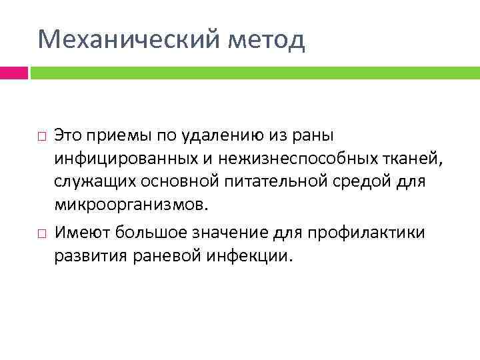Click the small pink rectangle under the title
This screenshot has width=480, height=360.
point(13,72)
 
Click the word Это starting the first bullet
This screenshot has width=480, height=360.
point(68,136)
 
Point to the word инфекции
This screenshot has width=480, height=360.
point(256,256)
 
